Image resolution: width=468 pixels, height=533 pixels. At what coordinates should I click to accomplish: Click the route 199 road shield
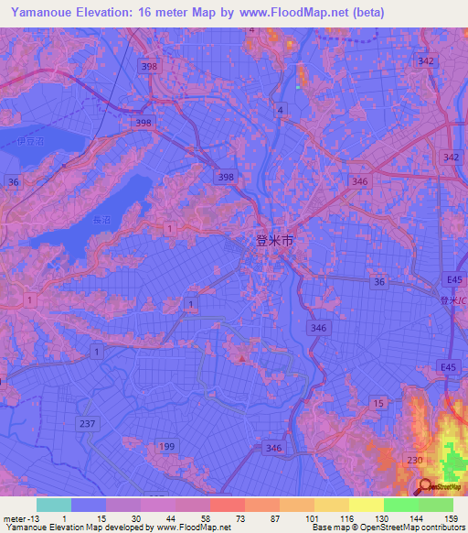coord(167,446)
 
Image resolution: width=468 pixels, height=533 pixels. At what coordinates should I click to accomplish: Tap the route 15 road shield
coord(378,402)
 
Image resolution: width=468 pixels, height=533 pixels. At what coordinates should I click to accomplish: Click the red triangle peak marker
coord(241,359)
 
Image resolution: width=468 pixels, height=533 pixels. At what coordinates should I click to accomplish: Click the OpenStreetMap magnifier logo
coord(426,487)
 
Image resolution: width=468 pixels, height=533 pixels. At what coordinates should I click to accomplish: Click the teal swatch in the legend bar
coord(54,505)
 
